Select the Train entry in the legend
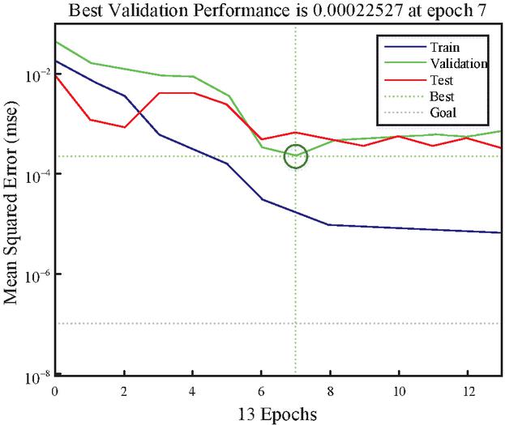click(439, 46)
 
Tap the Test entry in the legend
click(437, 80)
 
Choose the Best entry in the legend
click(437, 96)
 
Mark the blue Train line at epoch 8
click(330, 224)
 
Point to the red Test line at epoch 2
click(124, 127)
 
